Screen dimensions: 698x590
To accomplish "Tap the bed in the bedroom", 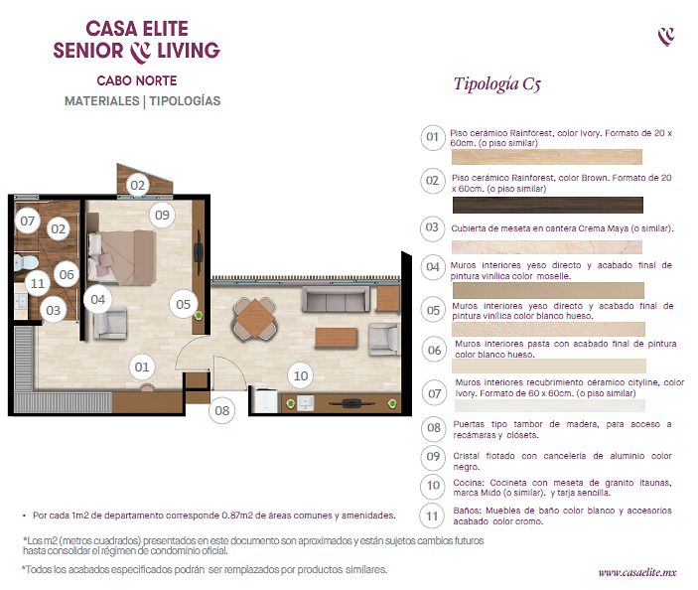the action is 121,257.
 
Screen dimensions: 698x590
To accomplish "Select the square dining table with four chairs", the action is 254,319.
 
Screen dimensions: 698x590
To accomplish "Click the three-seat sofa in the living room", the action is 336,299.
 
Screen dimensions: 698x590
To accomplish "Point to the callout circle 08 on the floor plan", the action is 222,410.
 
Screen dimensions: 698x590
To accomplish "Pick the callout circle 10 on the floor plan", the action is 301,375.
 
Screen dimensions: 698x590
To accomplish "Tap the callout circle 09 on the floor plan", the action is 162,215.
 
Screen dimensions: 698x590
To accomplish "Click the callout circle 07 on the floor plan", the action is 27,221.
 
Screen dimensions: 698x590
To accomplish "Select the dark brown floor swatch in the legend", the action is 547,205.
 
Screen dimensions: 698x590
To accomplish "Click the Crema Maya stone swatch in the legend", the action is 547,247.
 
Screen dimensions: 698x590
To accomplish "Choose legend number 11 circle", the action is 432,516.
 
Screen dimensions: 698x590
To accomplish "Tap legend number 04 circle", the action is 433,267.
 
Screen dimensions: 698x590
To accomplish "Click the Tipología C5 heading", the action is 497,83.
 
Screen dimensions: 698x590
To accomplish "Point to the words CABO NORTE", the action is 137,80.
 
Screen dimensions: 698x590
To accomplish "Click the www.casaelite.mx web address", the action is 637,572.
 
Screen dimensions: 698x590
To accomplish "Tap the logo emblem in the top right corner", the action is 666,36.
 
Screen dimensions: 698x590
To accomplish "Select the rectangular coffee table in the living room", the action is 336,337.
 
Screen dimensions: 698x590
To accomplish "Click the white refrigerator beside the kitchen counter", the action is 266,401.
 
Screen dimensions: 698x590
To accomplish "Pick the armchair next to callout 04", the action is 110,323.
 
